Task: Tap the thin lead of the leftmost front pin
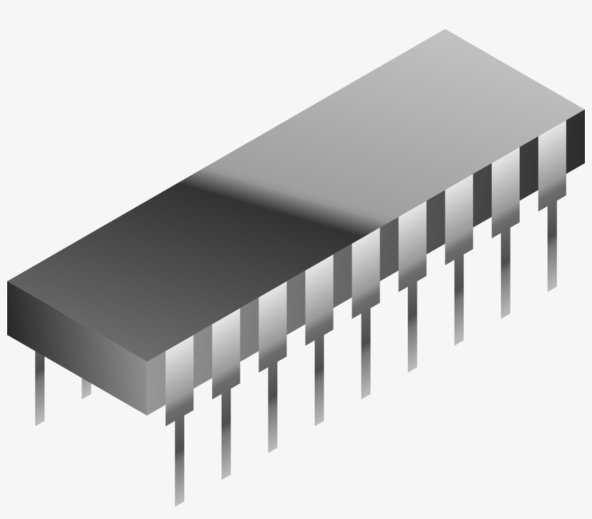(x=179, y=462)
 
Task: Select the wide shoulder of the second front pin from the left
(x=226, y=354)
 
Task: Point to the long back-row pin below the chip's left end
(x=40, y=390)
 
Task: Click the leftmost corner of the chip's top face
(x=9, y=282)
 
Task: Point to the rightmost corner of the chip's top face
(x=583, y=110)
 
